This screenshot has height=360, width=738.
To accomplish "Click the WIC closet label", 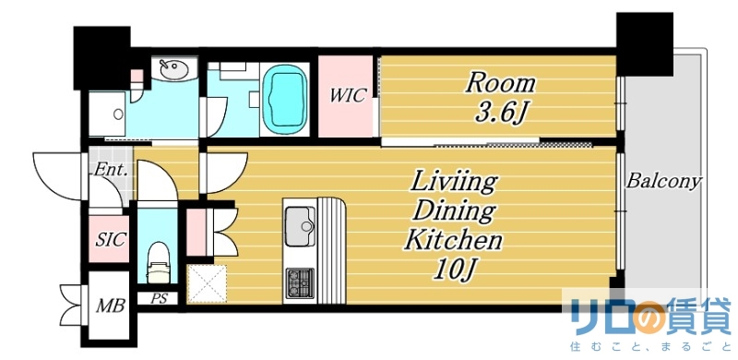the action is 348,96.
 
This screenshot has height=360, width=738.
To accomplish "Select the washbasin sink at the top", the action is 173,69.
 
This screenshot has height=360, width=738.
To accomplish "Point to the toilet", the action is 159,263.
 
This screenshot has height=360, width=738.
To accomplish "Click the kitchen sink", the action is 301,227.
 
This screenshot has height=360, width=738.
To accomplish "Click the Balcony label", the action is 663,181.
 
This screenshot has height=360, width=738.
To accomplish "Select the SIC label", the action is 110,239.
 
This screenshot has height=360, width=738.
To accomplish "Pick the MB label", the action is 110,306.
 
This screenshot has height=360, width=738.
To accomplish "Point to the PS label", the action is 159,298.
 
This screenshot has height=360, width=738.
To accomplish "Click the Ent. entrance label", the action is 111,170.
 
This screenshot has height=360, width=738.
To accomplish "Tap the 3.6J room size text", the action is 500,114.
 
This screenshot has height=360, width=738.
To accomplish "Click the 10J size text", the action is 453,270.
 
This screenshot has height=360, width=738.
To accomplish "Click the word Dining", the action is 453,211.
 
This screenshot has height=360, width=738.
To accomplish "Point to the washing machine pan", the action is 107,114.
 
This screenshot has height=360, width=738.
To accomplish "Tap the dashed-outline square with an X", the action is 207,283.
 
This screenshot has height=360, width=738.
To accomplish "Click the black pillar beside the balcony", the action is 644,43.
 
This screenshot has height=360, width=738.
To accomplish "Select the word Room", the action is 500,84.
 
